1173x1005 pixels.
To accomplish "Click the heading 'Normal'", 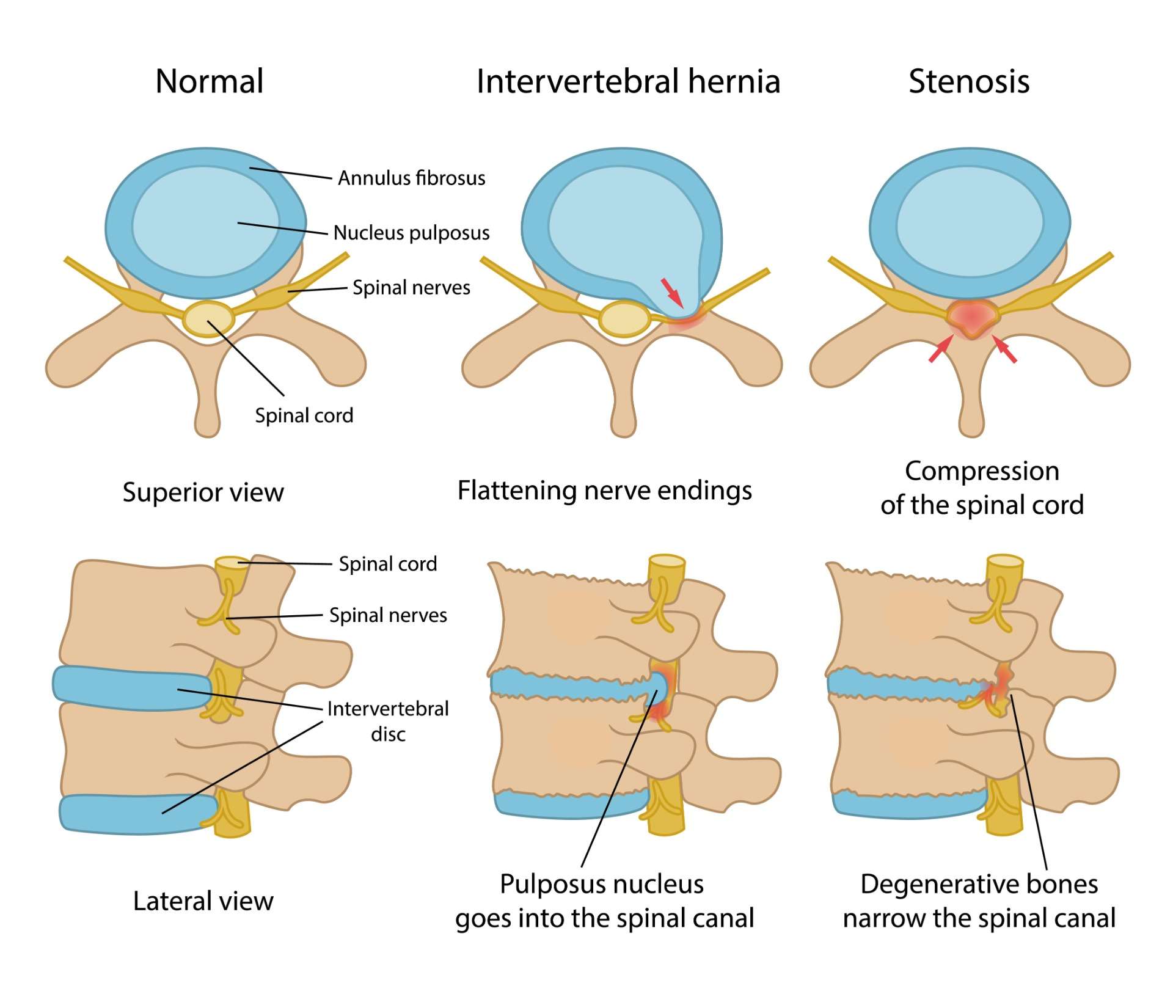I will (x=210, y=81).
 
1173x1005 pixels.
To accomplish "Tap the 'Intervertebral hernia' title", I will (x=628, y=81).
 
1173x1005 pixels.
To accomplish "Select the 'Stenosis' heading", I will (x=969, y=81).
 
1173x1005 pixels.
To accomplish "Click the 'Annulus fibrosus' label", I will (x=411, y=178).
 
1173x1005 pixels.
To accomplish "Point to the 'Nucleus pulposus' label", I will (x=411, y=233).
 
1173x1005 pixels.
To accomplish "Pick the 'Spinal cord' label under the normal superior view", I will (x=304, y=415).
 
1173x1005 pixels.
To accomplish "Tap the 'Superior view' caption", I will (x=203, y=492).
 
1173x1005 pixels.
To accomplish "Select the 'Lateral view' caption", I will (x=203, y=901).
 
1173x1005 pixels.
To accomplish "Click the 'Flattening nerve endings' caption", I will (x=604, y=491).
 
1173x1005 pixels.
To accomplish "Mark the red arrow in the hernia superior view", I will (x=673, y=293).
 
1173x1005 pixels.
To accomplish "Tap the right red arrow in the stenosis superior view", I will (x=1004, y=349).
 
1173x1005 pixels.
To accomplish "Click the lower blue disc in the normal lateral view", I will (x=137, y=814).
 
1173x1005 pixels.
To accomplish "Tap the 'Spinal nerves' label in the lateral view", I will (x=388, y=615).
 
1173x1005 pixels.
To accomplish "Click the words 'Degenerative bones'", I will (x=979, y=884).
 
